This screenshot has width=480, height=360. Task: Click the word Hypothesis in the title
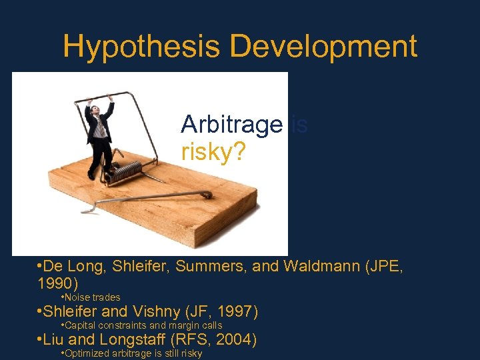pyautogui.click(x=142, y=47)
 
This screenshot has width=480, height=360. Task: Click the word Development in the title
pyautogui.click(x=323, y=47)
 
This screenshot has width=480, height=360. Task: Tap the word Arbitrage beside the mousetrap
pyautogui.click(x=231, y=125)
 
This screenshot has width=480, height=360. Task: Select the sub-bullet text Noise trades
pyautogui.click(x=93, y=297)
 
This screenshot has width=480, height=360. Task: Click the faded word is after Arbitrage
pyautogui.click(x=299, y=125)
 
